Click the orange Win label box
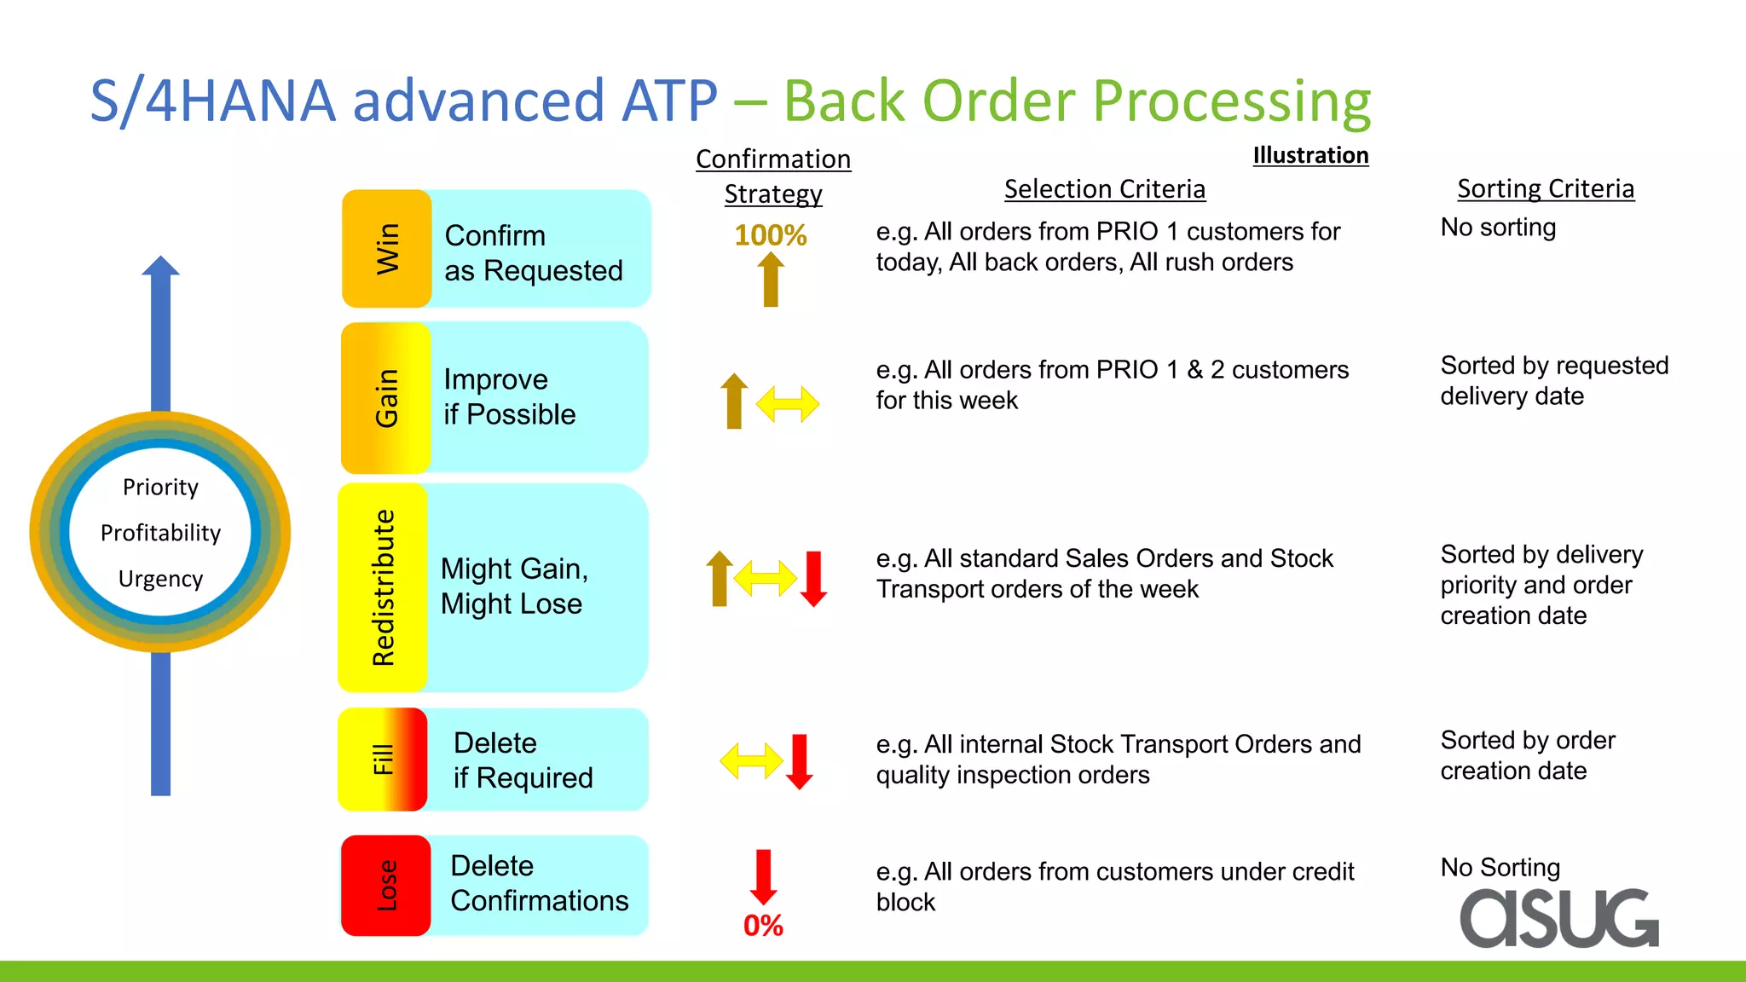[386, 248]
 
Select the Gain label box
[385, 397]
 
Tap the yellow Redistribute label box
[383, 587]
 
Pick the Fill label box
[383, 759]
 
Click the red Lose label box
[385, 886]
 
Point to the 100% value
[770, 235]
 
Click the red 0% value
[763, 926]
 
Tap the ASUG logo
[1559, 918]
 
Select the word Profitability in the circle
[160, 533]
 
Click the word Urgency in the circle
[160, 579]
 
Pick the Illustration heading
[1310, 155]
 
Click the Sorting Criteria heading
[1545, 188]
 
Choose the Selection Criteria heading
[1104, 189]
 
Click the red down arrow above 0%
[763, 876]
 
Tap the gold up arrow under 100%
[771, 280]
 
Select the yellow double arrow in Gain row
[787, 404]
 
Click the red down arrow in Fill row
[799, 761]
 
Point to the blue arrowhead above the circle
[160, 266]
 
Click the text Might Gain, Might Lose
[514, 586]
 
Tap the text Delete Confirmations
[539, 884]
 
